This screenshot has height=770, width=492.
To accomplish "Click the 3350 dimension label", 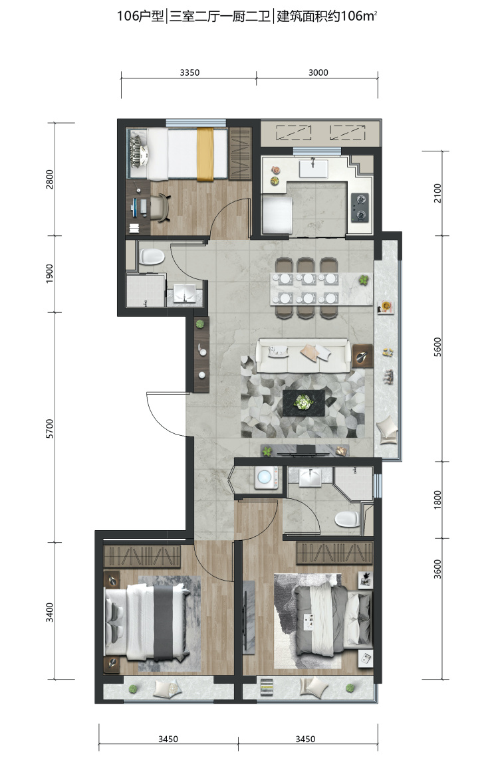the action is coord(189,72).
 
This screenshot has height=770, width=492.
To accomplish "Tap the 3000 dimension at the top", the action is coord(318,72).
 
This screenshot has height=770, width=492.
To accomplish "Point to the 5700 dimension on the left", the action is coord(50,429).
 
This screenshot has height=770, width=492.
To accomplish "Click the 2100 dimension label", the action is coord(438,193).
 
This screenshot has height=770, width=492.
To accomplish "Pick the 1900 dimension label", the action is coord(50,274).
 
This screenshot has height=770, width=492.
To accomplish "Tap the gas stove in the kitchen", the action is coord(360,207).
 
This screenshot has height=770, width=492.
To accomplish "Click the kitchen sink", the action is coord(313,169).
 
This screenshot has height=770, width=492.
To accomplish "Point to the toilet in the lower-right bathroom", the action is coord(348,519).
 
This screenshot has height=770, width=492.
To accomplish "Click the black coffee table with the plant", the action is coord(304,403).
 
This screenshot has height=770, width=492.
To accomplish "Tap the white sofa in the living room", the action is coord(303,355).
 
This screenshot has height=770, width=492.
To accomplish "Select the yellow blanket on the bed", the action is coord(205,154).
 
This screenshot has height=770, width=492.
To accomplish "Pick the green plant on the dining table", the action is coord(363,280).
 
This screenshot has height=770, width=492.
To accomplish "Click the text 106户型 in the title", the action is coord(140,16).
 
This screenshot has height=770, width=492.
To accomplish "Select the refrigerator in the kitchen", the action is coord(278,214).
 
